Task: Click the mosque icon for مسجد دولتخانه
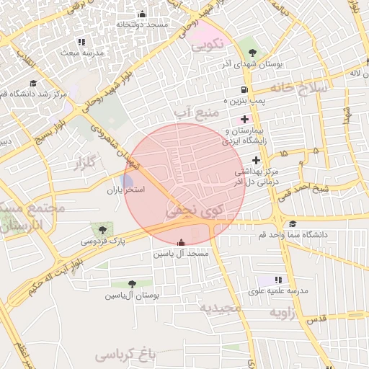point(142,14)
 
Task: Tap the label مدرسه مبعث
point(82,53)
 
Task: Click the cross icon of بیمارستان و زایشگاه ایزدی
point(244,119)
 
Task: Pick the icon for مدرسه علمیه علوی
point(278,280)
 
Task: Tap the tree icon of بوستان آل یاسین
point(132,285)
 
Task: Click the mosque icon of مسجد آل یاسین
point(179,243)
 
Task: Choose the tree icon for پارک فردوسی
point(107,228)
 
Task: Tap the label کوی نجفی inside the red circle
point(195,210)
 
